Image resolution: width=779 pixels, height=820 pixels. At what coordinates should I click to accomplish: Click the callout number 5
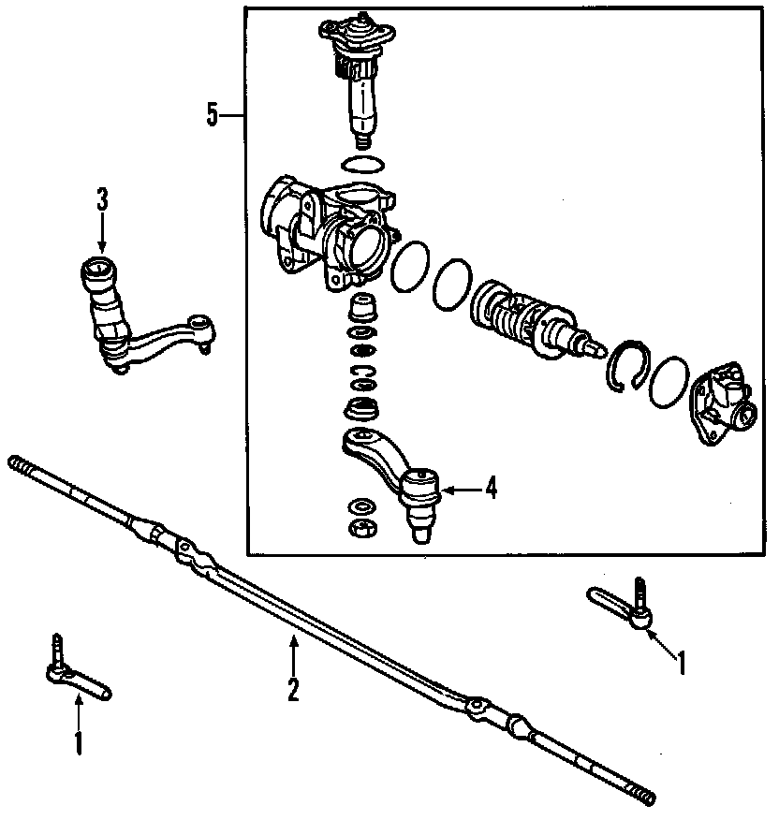(x=213, y=115)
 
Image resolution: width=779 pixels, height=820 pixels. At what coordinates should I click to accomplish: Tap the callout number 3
(x=102, y=198)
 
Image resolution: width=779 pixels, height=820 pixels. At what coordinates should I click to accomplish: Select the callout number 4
(x=490, y=489)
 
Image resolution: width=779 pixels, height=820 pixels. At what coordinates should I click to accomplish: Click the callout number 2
(x=293, y=690)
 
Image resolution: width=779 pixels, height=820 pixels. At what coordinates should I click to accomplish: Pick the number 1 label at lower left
(x=79, y=744)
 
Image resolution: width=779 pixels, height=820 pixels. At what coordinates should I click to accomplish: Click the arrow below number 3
(x=102, y=234)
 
